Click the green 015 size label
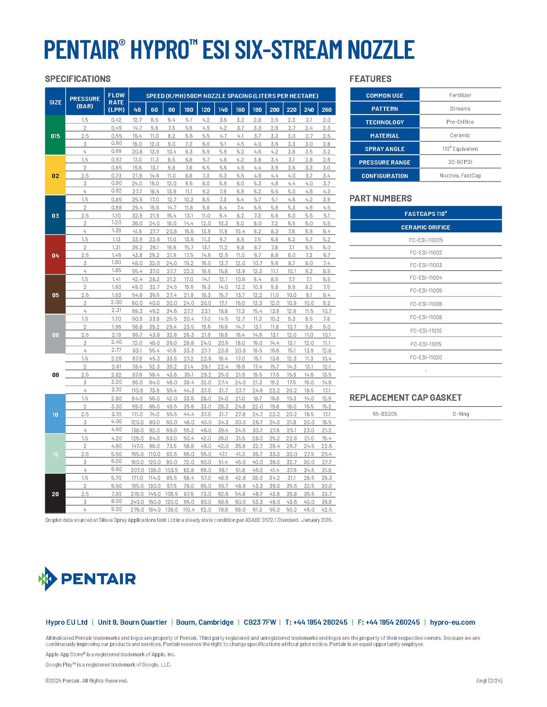55,136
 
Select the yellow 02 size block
55,176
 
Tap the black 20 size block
55,494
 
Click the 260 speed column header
326,110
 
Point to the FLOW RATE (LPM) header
116,102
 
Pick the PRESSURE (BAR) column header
85,102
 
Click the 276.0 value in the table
137,510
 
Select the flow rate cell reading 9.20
116,509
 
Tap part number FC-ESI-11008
426,317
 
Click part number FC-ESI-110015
426,240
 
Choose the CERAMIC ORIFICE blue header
426,227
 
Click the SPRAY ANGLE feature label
384,149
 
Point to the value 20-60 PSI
460,162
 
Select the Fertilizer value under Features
460,95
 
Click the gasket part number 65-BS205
385,414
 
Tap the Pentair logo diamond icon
48,578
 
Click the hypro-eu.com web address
452,622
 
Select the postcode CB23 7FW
260,622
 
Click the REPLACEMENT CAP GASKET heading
406,397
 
